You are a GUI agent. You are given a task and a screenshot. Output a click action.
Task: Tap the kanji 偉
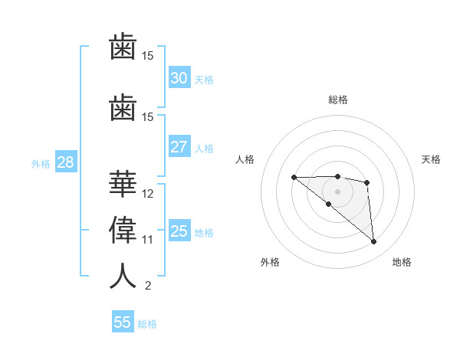(123, 229)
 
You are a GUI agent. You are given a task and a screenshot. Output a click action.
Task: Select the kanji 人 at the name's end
(123, 276)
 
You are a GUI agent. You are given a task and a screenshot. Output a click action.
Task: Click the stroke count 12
(148, 193)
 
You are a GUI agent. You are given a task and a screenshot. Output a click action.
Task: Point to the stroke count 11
(148, 240)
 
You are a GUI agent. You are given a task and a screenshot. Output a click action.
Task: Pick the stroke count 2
(147, 286)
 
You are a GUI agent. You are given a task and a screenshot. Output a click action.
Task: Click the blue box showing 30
(179, 77)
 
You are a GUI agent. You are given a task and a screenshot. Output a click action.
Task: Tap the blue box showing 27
(179, 147)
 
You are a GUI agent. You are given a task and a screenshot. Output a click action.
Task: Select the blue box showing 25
(179, 231)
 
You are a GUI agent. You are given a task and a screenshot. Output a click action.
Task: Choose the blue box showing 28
(65, 162)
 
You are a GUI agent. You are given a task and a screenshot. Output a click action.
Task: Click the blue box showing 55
(123, 322)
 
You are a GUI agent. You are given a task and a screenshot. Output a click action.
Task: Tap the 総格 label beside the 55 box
(147, 324)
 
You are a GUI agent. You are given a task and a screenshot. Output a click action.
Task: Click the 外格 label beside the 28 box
(41, 164)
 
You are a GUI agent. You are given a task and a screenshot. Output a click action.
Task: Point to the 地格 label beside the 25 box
(205, 233)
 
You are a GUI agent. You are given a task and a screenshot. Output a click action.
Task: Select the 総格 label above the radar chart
(337, 100)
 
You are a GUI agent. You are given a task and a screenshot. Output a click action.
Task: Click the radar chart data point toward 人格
(294, 177)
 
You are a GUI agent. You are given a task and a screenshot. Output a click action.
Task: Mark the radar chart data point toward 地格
(374, 242)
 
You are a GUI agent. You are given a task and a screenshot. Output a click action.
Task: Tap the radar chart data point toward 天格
(367, 182)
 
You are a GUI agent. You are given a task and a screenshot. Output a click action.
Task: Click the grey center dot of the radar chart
(337, 191)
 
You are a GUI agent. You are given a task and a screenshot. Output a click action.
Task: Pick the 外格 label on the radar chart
(270, 262)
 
